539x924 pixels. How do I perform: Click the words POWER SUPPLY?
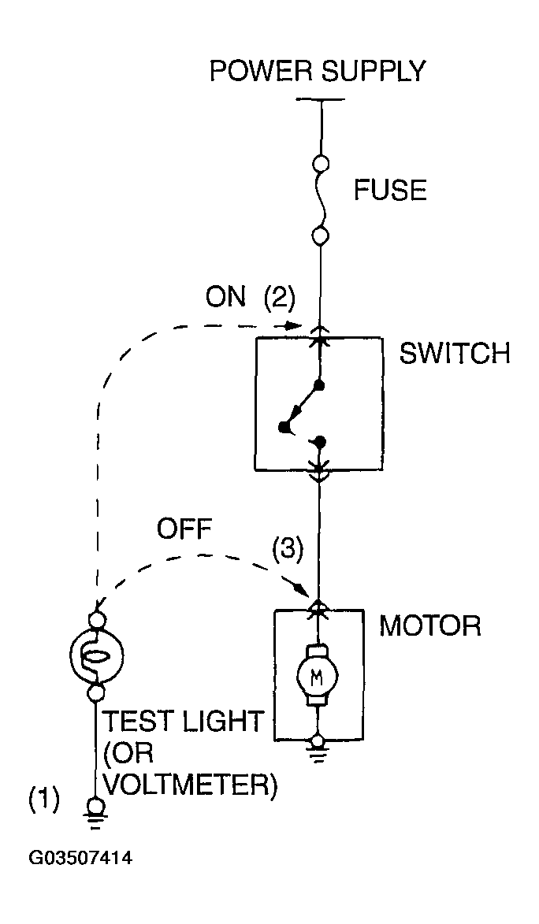click(318, 72)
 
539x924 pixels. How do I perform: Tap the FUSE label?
click(390, 191)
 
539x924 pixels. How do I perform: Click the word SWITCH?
click(455, 354)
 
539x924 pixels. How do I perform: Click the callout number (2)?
click(277, 299)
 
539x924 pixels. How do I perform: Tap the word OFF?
click(184, 529)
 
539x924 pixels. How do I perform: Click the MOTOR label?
click(430, 625)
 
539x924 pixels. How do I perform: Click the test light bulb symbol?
click(95, 654)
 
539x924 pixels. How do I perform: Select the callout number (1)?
click(44, 801)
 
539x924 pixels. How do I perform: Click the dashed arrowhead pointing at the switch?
click(294, 325)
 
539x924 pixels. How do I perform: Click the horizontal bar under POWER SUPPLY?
click(321, 99)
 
